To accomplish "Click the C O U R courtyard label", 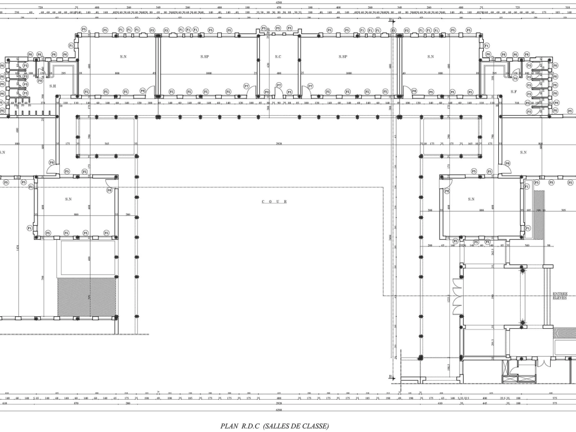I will click(274, 202).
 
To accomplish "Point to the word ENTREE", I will click(560, 294).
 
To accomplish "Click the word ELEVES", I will click(560, 298).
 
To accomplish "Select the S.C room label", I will click(278, 56).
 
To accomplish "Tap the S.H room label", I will click(52, 86).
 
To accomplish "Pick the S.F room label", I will click(514, 91).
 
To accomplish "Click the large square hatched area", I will click(86, 297).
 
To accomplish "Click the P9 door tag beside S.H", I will click(40, 81).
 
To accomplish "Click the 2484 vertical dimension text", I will click(390, 237).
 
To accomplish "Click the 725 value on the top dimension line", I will click(518, 7).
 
